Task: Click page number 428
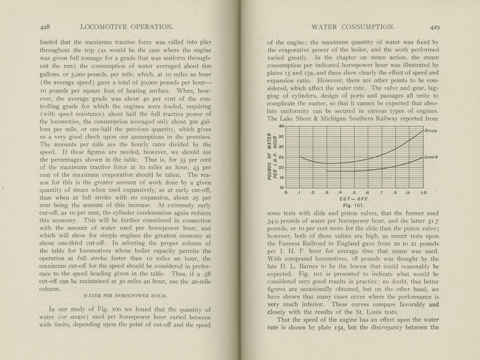pyautogui.click(x=47, y=27)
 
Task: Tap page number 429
pyautogui.click(x=435, y=27)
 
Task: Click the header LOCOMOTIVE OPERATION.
pyautogui.click(x=127, y=27)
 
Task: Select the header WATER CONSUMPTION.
pyautogui.click(x=353, y=27)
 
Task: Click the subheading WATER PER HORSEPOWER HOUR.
pyautogui.click(x=124, y=295)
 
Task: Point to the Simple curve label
pyautogui.click(x=431, y=131)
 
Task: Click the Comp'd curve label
pyautogui.click(x=431, y=157)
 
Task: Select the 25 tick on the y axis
pyautogui.click(x=281, y=157)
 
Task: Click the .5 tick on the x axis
pyautogui.click(x=354, y=193)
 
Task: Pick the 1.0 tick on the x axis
pyautogui.click(x=423, y=193)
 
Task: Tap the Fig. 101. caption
pyautogui.click(x=354, y=205)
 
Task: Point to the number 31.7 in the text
pyautogui.click(x=432, y=221)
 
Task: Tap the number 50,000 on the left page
pyautogui.click(x=149, y=83)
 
